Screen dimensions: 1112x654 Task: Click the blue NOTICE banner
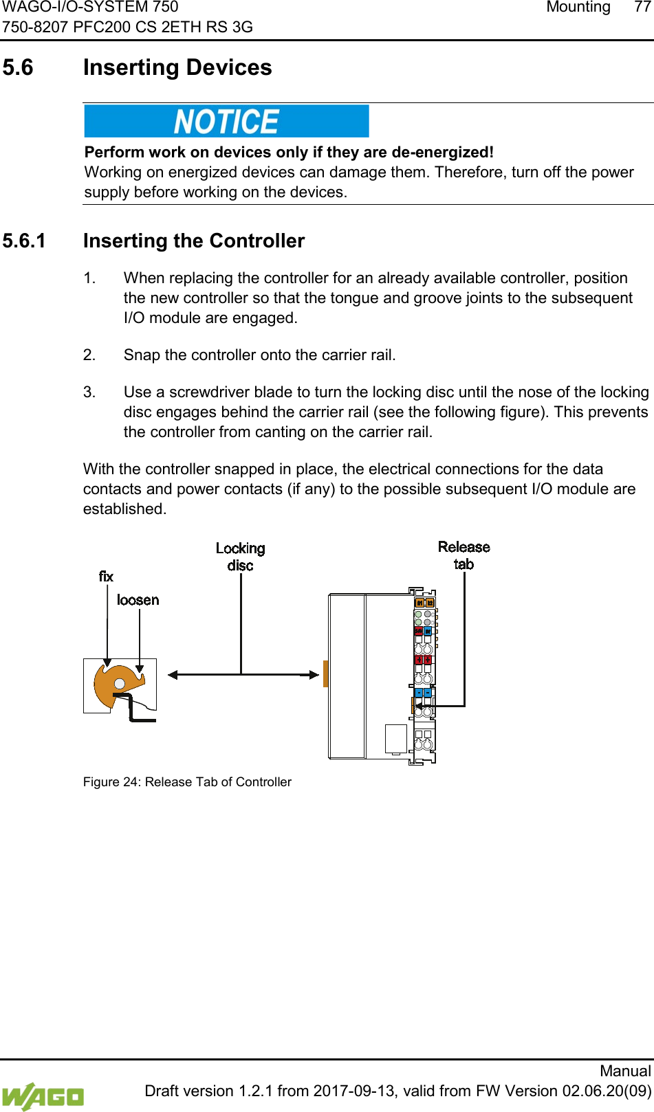(226, 122)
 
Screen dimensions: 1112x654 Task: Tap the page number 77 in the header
(642, 7)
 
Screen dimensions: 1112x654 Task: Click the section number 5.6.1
(24, 241)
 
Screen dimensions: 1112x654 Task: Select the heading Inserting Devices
(177, 67)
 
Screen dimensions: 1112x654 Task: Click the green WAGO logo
(43, 1096)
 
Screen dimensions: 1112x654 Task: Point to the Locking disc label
(240, 557)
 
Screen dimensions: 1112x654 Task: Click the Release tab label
(464, 555)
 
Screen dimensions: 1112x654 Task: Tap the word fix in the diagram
(106, 576)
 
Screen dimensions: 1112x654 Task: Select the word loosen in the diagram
(138, 600)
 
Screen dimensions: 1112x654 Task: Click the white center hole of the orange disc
(120, 685)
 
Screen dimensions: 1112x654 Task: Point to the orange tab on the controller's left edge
(325, 674)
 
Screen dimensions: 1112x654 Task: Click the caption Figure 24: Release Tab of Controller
(187, 782)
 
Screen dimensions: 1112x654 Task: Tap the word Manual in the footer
(624, 1071)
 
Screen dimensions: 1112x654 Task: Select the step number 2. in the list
(89, 355)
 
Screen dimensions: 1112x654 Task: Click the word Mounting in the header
(578, 7)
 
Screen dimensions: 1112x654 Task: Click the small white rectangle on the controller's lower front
(396, 738)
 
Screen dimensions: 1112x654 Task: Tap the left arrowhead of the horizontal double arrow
(173, 675)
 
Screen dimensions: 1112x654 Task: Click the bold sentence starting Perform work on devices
(289, 152)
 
